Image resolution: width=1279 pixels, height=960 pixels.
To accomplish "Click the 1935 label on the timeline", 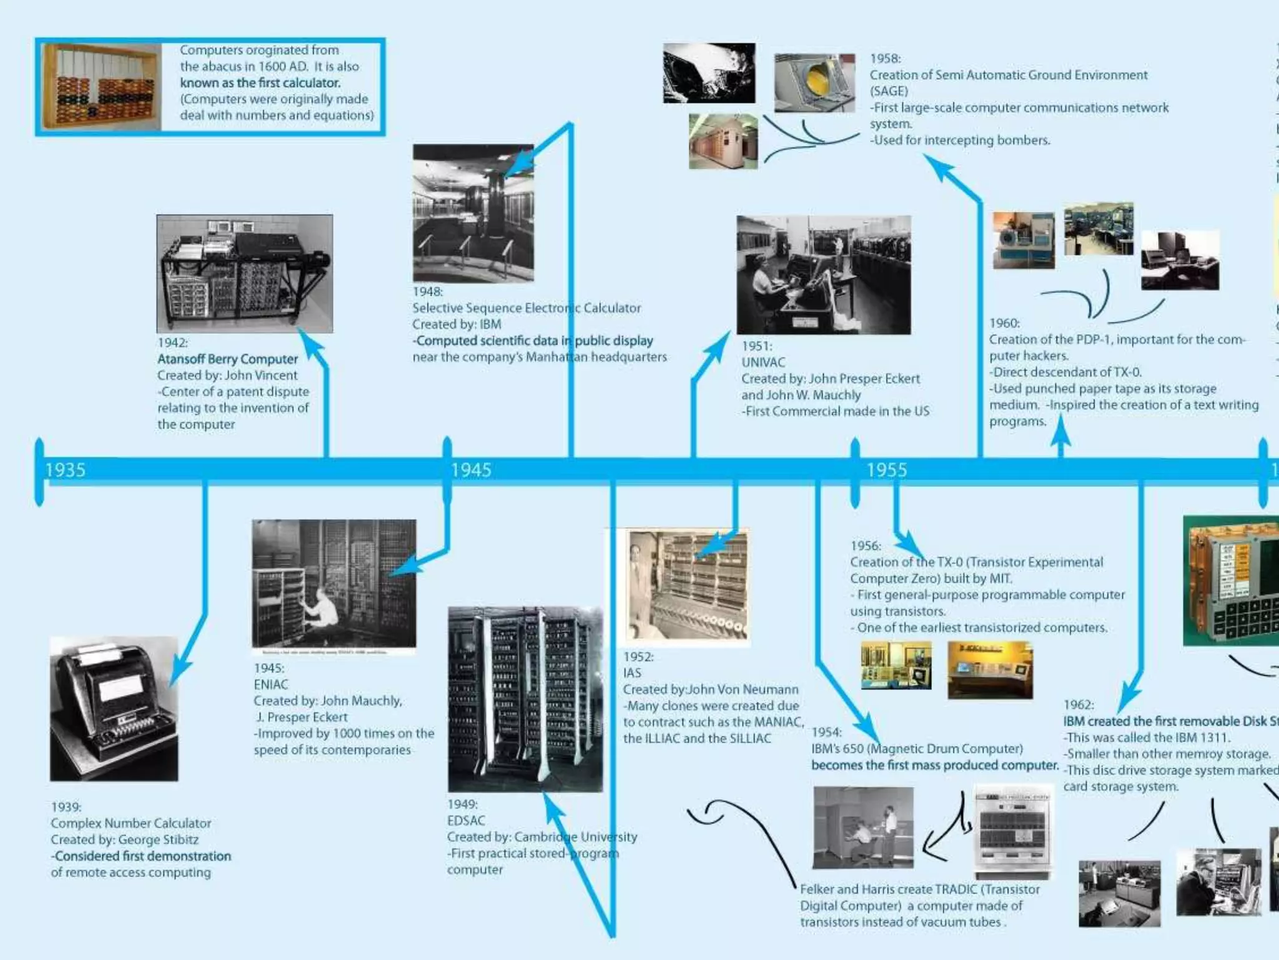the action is click(65, 470).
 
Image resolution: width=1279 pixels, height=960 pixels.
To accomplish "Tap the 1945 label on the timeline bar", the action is click(471, 470).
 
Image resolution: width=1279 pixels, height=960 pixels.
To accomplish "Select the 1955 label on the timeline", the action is click(886, 470).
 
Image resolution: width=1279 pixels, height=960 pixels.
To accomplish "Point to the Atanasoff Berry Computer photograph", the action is click(244, 273).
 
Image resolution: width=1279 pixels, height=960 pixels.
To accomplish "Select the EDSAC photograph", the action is click(525, 699).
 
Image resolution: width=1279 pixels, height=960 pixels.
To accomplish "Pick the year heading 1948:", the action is click(428, 292).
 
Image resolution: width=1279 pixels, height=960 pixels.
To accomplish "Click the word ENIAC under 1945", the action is click(271, 684).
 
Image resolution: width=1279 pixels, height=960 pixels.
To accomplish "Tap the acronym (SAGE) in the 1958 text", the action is click(889, 91).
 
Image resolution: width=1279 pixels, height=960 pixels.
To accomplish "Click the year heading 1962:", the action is click(1079, 705).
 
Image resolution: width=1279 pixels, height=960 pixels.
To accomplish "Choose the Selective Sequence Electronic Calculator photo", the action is click(473, 213).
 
